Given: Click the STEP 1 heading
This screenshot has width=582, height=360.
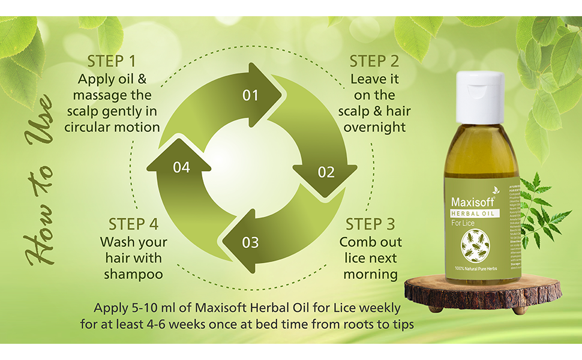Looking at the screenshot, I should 112,61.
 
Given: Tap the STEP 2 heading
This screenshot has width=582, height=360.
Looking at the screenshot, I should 374,61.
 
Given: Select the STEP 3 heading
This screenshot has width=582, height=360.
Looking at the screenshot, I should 370,224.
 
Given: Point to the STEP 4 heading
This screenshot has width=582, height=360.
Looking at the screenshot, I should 134,224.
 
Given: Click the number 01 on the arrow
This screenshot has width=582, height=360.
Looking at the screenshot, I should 250,95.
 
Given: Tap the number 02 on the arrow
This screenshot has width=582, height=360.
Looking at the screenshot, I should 326,173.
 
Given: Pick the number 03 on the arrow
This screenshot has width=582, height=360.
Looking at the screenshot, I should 250,242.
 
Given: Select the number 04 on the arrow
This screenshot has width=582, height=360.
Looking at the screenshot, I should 181,167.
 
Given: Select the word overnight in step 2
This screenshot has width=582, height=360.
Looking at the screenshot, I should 374,127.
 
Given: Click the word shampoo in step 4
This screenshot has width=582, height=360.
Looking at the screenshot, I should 133,274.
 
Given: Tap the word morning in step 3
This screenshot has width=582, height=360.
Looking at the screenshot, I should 371,274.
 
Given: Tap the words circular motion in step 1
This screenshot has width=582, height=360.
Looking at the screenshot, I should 112,127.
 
